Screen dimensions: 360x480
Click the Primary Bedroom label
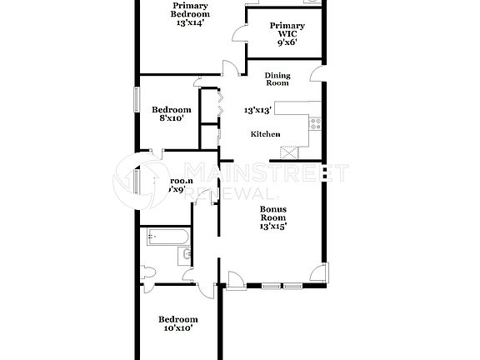(x=190, y=9)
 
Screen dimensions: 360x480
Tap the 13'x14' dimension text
(x=190, y=22)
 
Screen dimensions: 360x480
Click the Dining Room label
(x=277, y=79)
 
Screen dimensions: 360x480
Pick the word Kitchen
(x=266, y=135)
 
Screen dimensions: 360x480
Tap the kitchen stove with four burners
(x=315, y=124)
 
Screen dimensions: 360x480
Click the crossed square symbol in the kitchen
(x=289, y=152)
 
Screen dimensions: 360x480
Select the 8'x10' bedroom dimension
(x=171, y=119)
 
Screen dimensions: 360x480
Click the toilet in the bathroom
(x=147, y=272)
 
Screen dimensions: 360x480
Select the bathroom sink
(x=187, y=253)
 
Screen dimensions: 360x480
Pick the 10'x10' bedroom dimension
(x=177, y=328)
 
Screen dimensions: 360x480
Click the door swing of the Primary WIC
(x=239, y=34)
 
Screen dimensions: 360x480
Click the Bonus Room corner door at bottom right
(x=317, y=273)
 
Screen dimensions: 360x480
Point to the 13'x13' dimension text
(x=258, y=109)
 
